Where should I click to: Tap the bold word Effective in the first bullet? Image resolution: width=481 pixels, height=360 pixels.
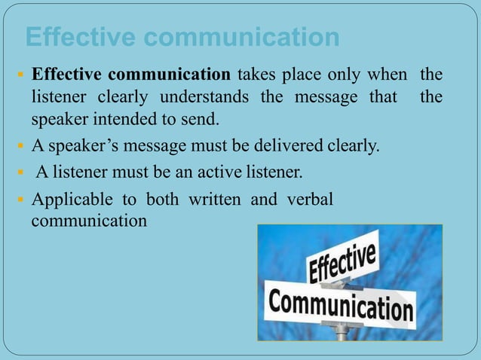coord(66,75)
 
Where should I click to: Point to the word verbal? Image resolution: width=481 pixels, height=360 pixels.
coord(308,201)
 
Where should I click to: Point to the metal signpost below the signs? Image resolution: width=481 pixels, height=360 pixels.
coord(344,332)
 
